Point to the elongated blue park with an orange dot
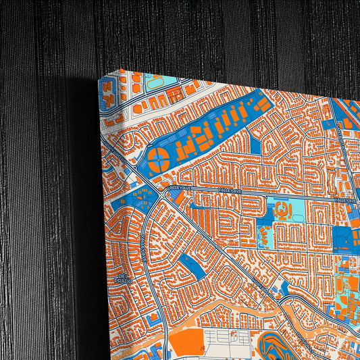(x=194, y=262)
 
